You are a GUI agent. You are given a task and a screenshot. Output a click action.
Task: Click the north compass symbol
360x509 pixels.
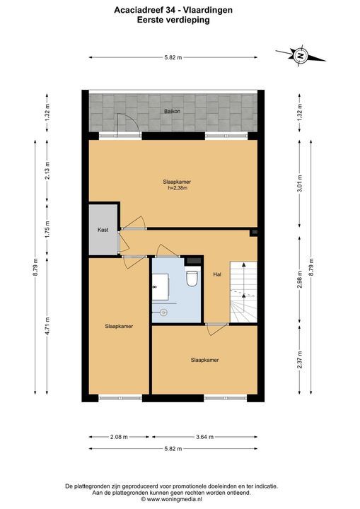click(x=301, y=56)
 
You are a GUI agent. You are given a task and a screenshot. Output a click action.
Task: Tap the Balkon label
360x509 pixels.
click(x=172, y=111)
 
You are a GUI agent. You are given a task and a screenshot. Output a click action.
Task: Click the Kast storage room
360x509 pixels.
click(x=103, y=230)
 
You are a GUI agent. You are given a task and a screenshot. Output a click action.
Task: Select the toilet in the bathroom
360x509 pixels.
click(x=192, y=279)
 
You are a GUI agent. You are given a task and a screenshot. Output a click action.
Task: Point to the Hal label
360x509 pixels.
click(x=217, y=274)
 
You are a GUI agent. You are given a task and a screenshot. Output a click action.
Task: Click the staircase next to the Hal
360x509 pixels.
click(x=244, y=292)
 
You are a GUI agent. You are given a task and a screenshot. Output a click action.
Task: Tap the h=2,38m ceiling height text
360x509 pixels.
click(x=177, y=187)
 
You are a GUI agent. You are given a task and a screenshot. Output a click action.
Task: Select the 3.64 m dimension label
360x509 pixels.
click(x=204, y=437)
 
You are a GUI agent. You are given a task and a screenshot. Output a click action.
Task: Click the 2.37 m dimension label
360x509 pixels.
click(x=300, y=360)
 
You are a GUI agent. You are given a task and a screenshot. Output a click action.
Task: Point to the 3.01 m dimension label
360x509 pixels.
click(x=300, y=183)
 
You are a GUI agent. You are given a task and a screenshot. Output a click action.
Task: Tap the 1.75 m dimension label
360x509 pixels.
click(x=47, y=230)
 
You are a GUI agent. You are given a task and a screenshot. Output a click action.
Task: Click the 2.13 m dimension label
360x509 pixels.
click(x=47, y=170)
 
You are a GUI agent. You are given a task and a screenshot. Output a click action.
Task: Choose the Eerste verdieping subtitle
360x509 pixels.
click(x=173, y=20)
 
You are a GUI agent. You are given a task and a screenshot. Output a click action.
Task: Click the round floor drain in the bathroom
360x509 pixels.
click(x=164, y=312)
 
